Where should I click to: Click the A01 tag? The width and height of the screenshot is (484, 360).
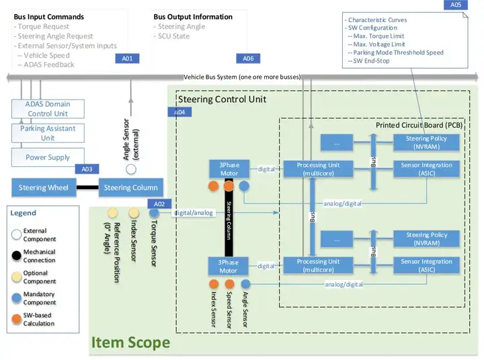click(127, 59)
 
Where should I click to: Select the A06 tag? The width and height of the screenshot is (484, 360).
click(249, 59)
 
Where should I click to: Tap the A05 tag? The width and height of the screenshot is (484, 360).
click(456, 5)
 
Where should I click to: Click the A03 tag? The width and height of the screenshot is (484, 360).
click(87, 170)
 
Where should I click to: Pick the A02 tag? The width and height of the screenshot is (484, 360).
click(159, 203)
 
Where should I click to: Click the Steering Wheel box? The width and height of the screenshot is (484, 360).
click(43, 188)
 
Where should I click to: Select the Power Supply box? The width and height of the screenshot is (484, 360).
click(48, 157)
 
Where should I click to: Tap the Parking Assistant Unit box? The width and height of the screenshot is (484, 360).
click(48, 133)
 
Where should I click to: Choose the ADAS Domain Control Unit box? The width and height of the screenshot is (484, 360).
click(48, 108)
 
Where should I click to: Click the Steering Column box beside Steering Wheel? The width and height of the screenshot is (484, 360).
click(131, 188)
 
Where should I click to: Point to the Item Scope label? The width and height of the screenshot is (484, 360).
click(130, 343)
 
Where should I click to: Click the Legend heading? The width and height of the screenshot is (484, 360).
click(24, 213)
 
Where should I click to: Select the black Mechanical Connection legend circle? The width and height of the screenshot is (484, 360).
click(15, 256)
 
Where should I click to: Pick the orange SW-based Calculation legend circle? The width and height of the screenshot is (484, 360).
click(15, 319)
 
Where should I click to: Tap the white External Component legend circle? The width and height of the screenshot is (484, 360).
click(15, 235)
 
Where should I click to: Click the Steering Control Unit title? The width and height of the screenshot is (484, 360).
click(222, 100)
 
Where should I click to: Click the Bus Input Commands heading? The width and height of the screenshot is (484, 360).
click(49, 17)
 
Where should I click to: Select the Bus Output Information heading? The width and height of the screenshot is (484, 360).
click(193, 17)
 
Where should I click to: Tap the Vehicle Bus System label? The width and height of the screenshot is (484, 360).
click(242, 77)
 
